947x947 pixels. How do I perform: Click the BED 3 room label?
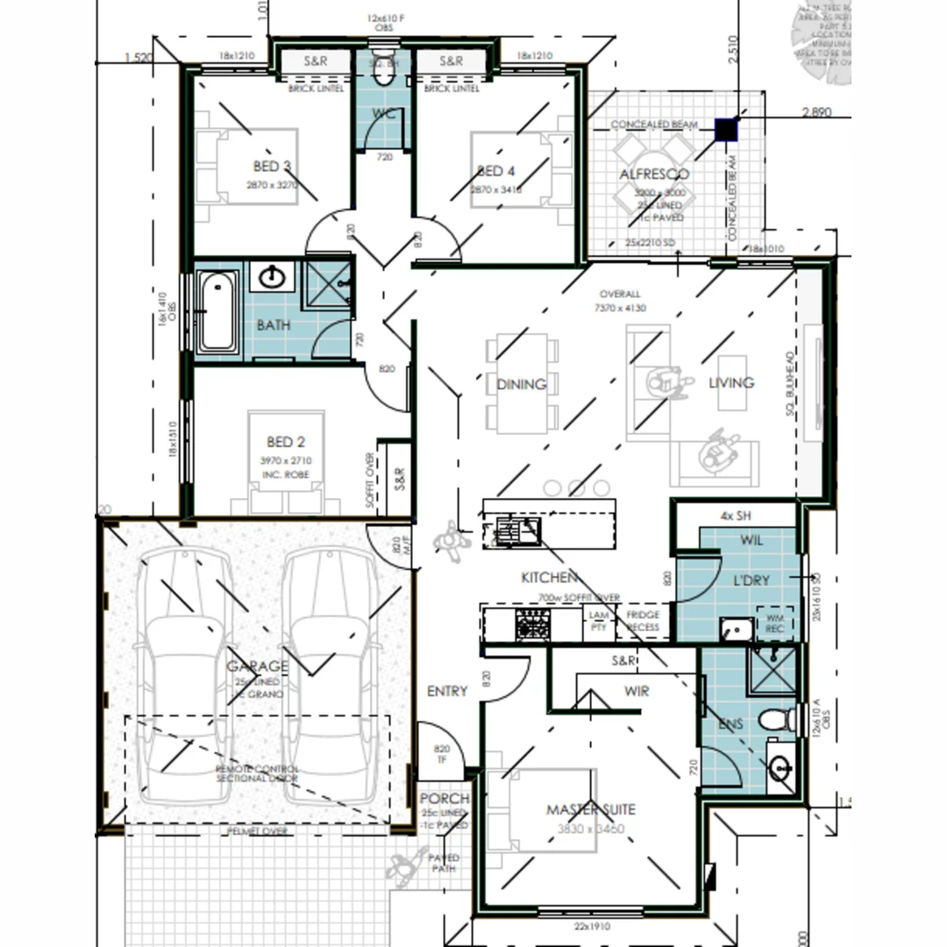coord(272,167)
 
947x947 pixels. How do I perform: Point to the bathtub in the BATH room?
coord(217,311)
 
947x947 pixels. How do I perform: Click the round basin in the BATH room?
coord(274,278)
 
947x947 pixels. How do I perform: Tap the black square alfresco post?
coord(726,130)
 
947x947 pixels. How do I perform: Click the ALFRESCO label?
coord(654,174)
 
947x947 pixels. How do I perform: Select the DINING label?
coord(521,384)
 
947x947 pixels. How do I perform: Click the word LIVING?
coord(731,383)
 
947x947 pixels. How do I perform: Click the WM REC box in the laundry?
coord(775,623)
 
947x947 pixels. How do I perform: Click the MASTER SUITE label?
coord(590,809)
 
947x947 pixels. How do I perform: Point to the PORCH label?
coord(444,800)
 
